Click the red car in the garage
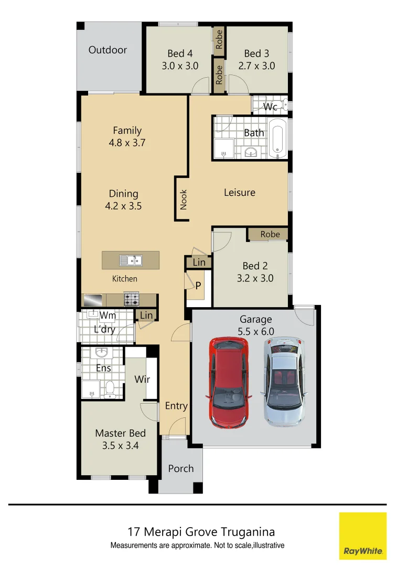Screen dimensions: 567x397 229,382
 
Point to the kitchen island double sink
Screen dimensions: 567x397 131,260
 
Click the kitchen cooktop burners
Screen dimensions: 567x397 131,299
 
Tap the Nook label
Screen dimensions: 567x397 183,199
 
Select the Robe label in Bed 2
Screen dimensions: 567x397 270,234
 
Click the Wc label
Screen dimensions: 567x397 270,107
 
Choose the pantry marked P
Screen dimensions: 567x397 198,286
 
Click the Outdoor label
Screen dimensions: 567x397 108,50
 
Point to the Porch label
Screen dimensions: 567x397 181,468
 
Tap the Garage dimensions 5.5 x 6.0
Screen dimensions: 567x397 256,331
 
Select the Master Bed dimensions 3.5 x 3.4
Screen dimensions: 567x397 120,446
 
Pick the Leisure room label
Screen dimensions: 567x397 240,193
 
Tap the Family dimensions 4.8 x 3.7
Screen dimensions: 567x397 127,143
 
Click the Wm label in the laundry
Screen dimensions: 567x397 108,316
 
